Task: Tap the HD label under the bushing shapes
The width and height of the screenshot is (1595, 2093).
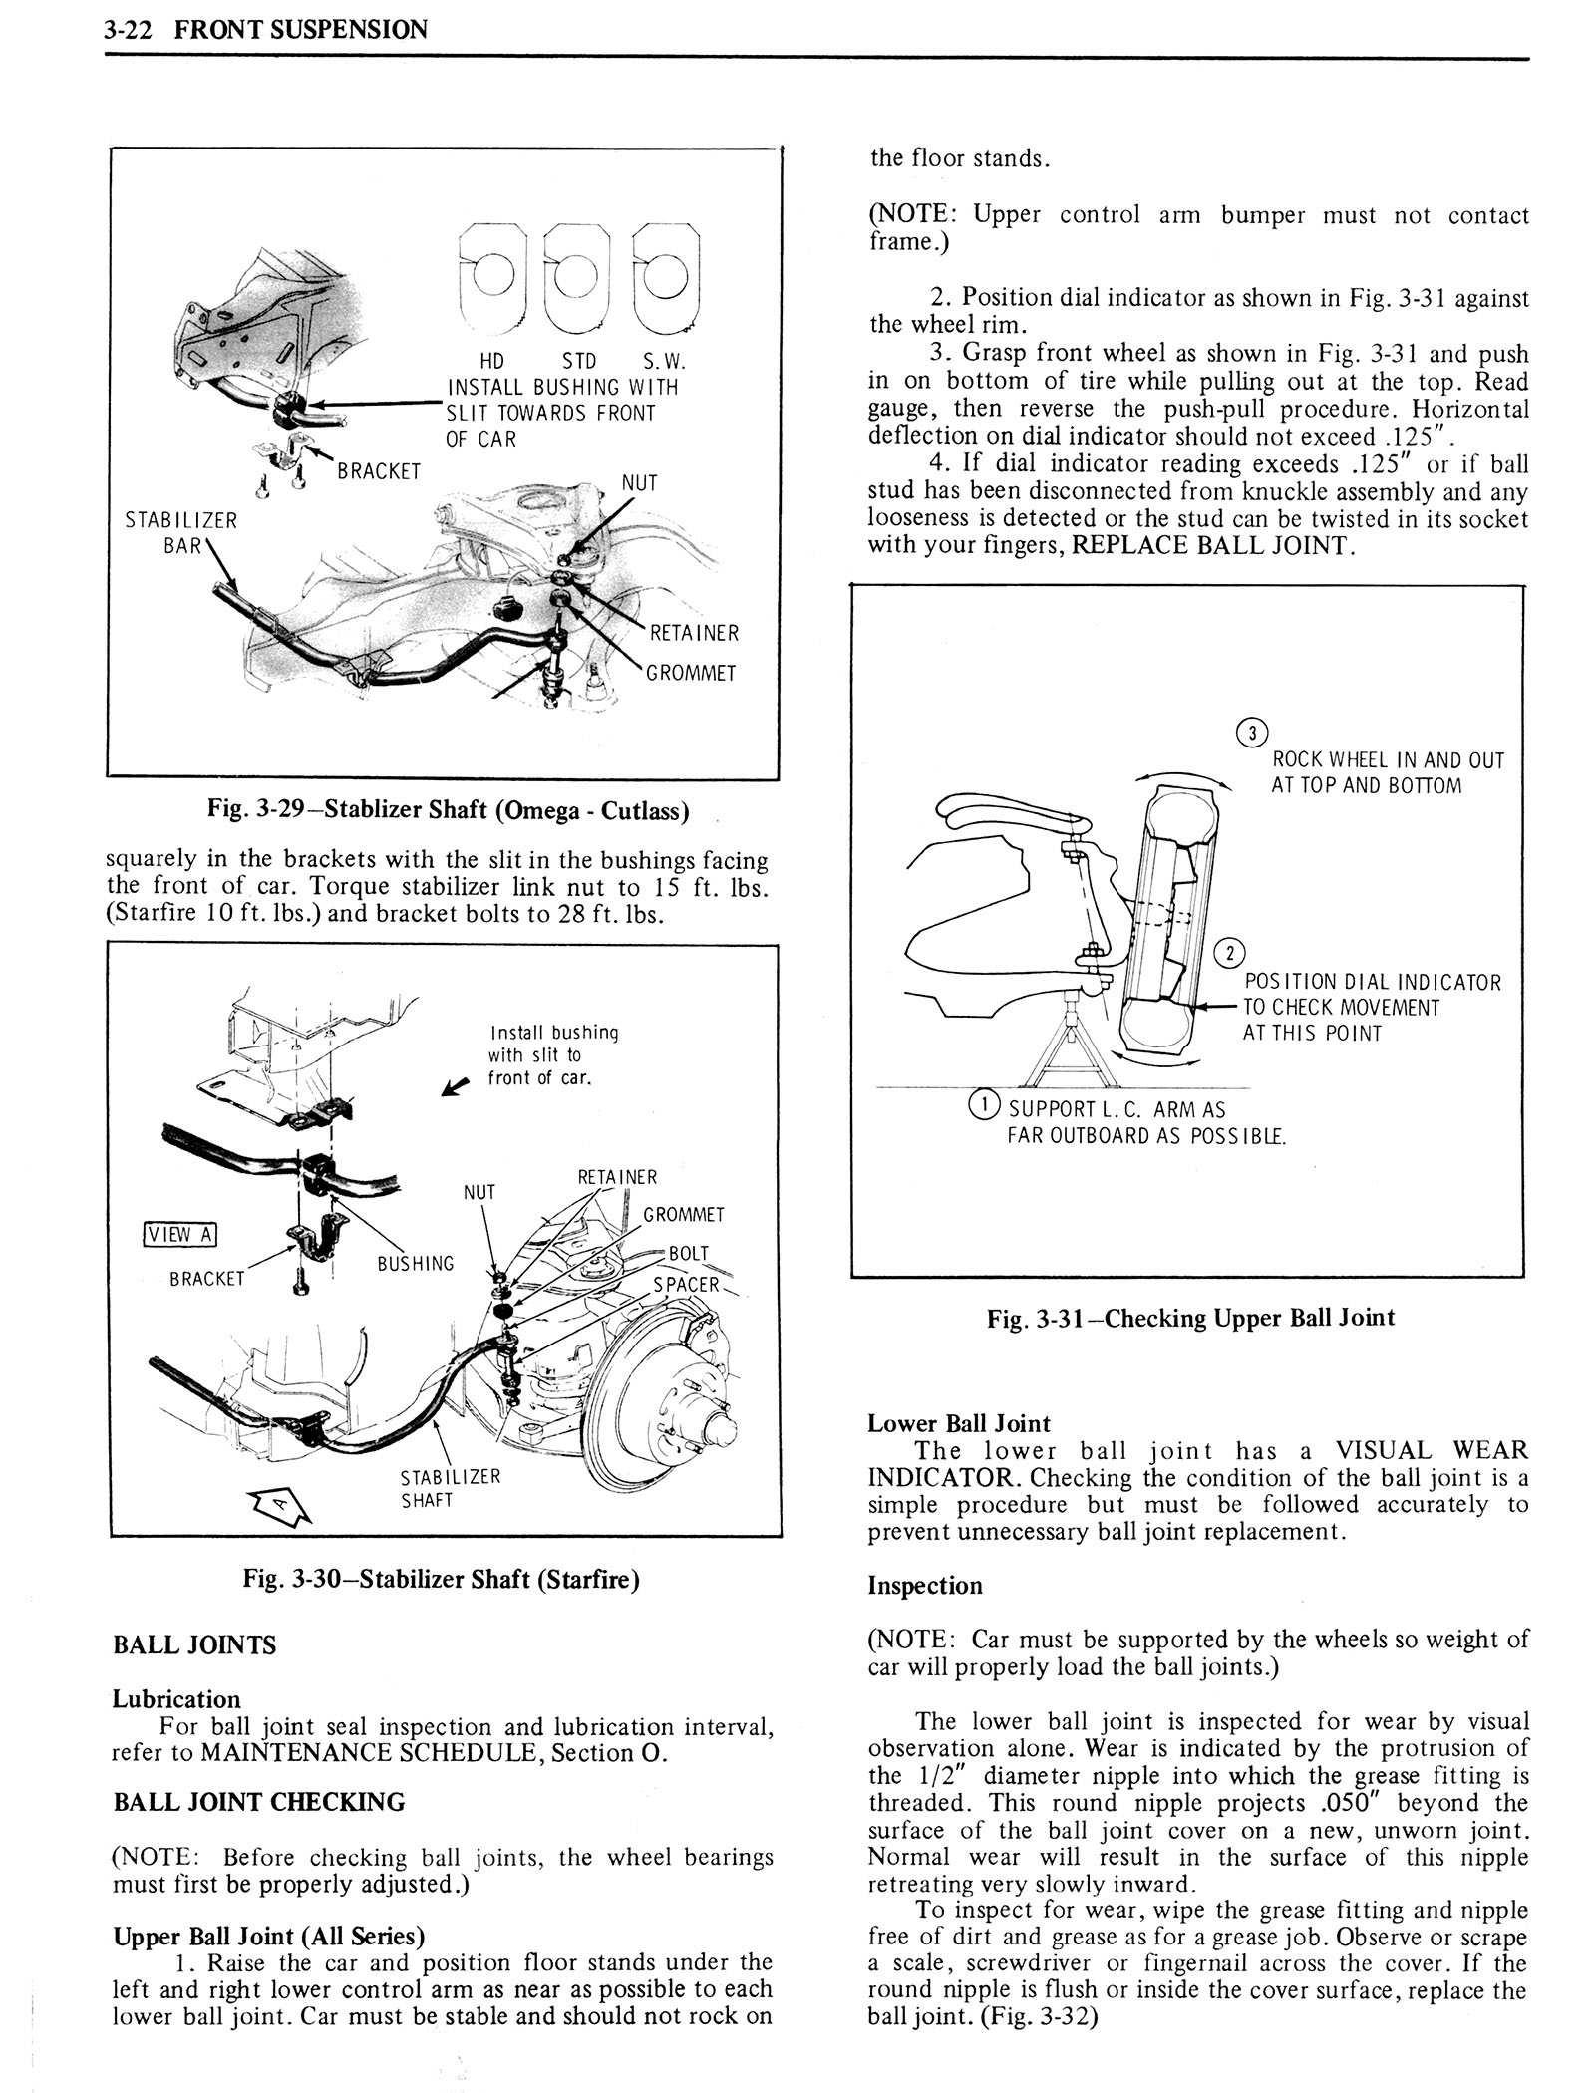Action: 492,361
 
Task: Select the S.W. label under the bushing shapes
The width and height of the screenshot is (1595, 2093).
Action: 664,361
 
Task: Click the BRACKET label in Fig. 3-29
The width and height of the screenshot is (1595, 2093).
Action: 379,471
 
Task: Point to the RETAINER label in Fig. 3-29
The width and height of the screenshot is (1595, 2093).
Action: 694,633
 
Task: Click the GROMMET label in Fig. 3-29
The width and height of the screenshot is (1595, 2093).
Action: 691,673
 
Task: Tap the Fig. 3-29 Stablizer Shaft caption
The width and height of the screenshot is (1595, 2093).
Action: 448,810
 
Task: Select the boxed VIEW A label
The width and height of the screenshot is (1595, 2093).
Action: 179,1234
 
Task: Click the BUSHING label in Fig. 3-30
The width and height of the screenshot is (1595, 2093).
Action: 415,1264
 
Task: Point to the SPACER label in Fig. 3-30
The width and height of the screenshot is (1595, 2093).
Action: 686,1284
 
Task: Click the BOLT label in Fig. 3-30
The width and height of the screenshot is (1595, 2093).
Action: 689,1253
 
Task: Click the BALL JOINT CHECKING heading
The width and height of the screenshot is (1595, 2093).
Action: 259,1802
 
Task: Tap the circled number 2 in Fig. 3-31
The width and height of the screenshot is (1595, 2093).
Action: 1231,953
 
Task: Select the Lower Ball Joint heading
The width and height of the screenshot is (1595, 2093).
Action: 959,1423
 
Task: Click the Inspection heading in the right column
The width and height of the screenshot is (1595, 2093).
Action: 925,1586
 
